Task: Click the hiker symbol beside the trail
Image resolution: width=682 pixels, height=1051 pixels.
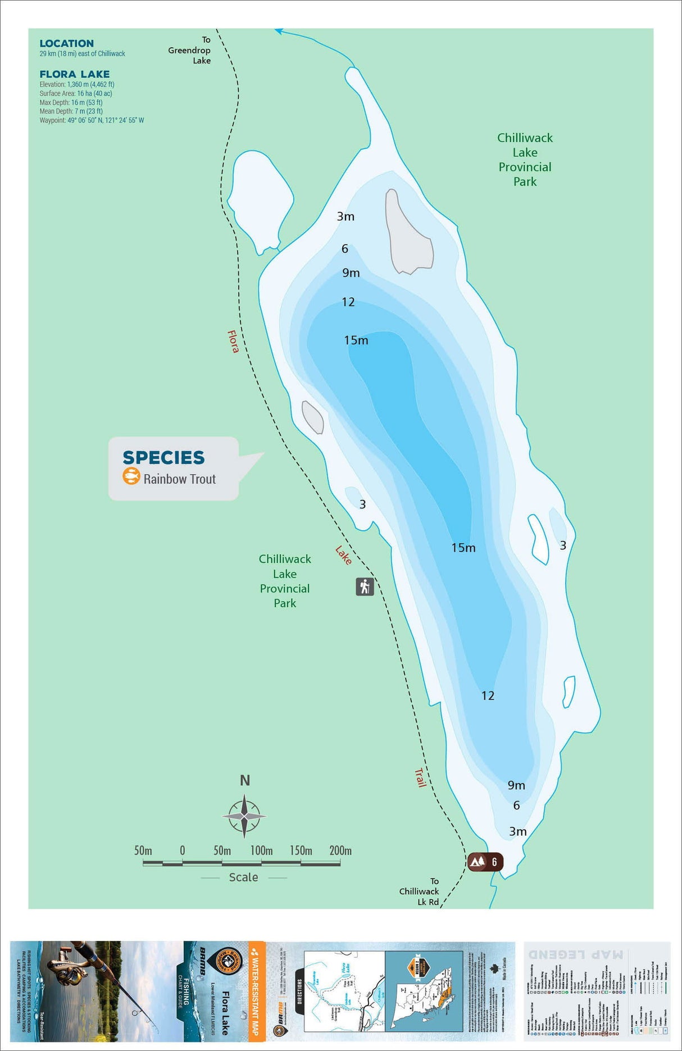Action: pyautogui.click(x=365, y=586)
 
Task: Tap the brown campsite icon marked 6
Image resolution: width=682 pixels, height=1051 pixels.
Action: pyautogui.click(x=485, y=862)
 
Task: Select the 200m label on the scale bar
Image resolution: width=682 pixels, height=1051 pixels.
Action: pyautogui.click(x=340, y=850)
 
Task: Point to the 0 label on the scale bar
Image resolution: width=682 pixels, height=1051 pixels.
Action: pyautogui.click(x=182, y=850)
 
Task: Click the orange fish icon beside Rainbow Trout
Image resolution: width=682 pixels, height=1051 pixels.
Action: pyautogui.click(x=131, y=476)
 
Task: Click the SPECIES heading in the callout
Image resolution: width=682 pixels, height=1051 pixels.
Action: pyautogui.click(x=163, y=457)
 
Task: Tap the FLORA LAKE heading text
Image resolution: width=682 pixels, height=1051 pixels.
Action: pyautogui.click(x=75, y=74)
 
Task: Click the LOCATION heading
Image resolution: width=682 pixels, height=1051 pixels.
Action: pyautogui.click(x=66, y=43)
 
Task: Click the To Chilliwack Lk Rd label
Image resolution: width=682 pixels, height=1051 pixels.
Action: pyautogui.click(x=420, y=891)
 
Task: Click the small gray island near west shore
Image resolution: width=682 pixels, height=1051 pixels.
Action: pyautogui.click(x=313, y=417)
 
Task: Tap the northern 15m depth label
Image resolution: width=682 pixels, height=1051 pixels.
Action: pyautogui.click(x=356, y=340)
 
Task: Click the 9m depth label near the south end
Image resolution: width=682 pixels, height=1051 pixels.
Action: pyautogui.click(x=516, y=785)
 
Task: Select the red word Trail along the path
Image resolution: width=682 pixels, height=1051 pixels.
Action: pyautogui.click(x=420, y=777)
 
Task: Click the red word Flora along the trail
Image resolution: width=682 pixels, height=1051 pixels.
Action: pyautogui.click(x=233, y=341)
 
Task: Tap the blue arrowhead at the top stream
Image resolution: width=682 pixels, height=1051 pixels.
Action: pyautogui.click(x=278, y=31)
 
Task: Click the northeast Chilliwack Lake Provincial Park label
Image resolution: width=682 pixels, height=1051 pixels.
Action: pyautogui.click(x=525, y=160)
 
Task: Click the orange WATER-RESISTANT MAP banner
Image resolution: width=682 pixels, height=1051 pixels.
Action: pyautogui.click(x=257, y=991)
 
